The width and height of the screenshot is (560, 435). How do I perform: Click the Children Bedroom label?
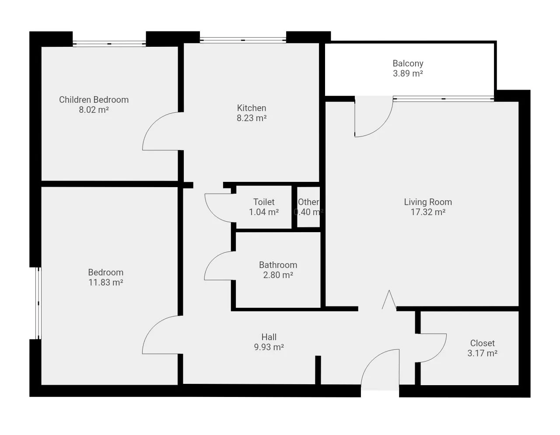[94, 100]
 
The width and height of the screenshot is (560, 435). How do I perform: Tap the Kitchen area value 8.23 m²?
[252, 118]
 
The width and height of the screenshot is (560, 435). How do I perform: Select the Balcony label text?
[408, 63]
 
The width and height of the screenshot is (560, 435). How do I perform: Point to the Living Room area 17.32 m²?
[428, 212]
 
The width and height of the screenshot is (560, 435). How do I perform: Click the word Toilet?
[264, 202]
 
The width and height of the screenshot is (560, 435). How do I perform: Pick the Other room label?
[308, 202]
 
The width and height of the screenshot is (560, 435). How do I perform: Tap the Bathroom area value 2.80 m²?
[278, 275]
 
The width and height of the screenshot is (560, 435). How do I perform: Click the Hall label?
[269, 337]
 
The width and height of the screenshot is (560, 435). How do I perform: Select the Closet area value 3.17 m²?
[483, 353]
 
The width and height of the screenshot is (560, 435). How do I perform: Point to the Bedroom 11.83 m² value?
[106, 282]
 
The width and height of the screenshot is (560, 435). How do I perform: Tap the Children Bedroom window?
[109, 44]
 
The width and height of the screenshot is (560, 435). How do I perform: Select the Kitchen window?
[243, 40]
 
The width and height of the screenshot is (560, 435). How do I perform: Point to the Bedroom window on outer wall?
[38, 303]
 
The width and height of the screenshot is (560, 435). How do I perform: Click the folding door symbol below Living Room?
[389, 299]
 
